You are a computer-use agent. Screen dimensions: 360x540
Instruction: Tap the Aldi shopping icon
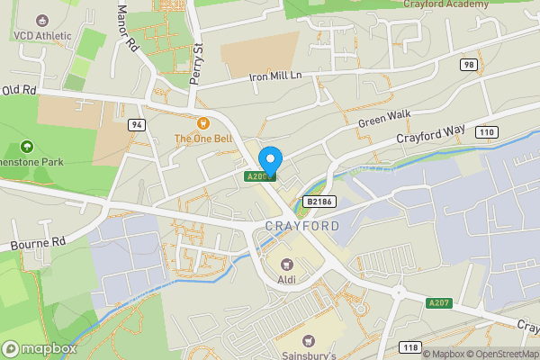coord(287,264)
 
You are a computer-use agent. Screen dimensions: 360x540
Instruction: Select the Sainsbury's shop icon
coord(309,341)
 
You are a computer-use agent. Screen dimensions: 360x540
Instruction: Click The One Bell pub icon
coord(202,122)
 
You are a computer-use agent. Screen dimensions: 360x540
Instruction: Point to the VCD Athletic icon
coord(41,19)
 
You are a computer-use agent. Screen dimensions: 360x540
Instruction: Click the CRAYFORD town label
coord(302,226)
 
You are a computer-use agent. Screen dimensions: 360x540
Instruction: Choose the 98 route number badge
coord(468,64)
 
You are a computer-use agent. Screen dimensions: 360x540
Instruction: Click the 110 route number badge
coord(487,132)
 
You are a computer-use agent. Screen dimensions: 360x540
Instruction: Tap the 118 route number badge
coord(411,346)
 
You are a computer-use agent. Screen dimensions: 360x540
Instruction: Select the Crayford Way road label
coord(431,136)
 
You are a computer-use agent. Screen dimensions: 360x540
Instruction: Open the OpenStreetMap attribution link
coord(499,354)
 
